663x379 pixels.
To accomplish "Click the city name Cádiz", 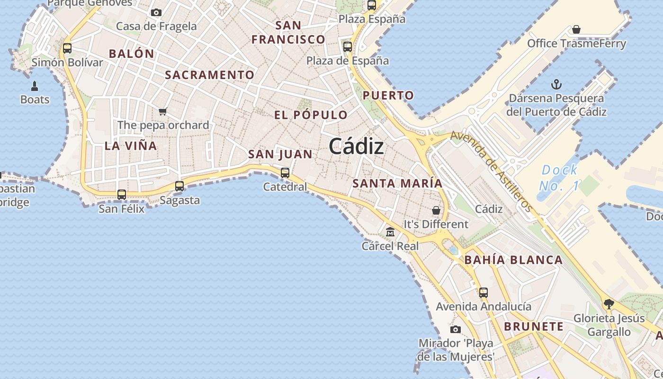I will pos(356,146).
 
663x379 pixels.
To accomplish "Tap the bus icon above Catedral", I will pos(285,173).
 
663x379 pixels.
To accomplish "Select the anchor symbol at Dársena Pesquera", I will pos(556,85).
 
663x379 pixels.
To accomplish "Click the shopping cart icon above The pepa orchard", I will pos(163,111).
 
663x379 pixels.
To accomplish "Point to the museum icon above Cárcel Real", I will pos(390,232).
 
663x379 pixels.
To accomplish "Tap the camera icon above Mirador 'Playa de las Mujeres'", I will pos(456,329).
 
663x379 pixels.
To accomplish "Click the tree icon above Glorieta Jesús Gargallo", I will pos(609,304).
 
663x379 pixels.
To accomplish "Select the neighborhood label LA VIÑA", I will pos(131,146).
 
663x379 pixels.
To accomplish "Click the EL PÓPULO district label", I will pos(311,115).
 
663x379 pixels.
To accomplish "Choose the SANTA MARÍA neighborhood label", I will pos(398,183).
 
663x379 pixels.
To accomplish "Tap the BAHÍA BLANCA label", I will pos(513,260).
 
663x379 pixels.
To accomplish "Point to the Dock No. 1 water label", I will pos(559,178).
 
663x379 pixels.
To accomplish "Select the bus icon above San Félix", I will pos(122,194).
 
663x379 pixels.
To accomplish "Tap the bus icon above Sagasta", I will pos(179,186).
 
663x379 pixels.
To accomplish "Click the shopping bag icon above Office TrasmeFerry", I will pos(576,30).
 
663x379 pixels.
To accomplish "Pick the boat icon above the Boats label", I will pos(35,86).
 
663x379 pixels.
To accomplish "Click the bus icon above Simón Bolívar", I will pos(67,48).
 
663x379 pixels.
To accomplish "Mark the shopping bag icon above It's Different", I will pos(436,210).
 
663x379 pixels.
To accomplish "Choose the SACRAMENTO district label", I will pos(210,75).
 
